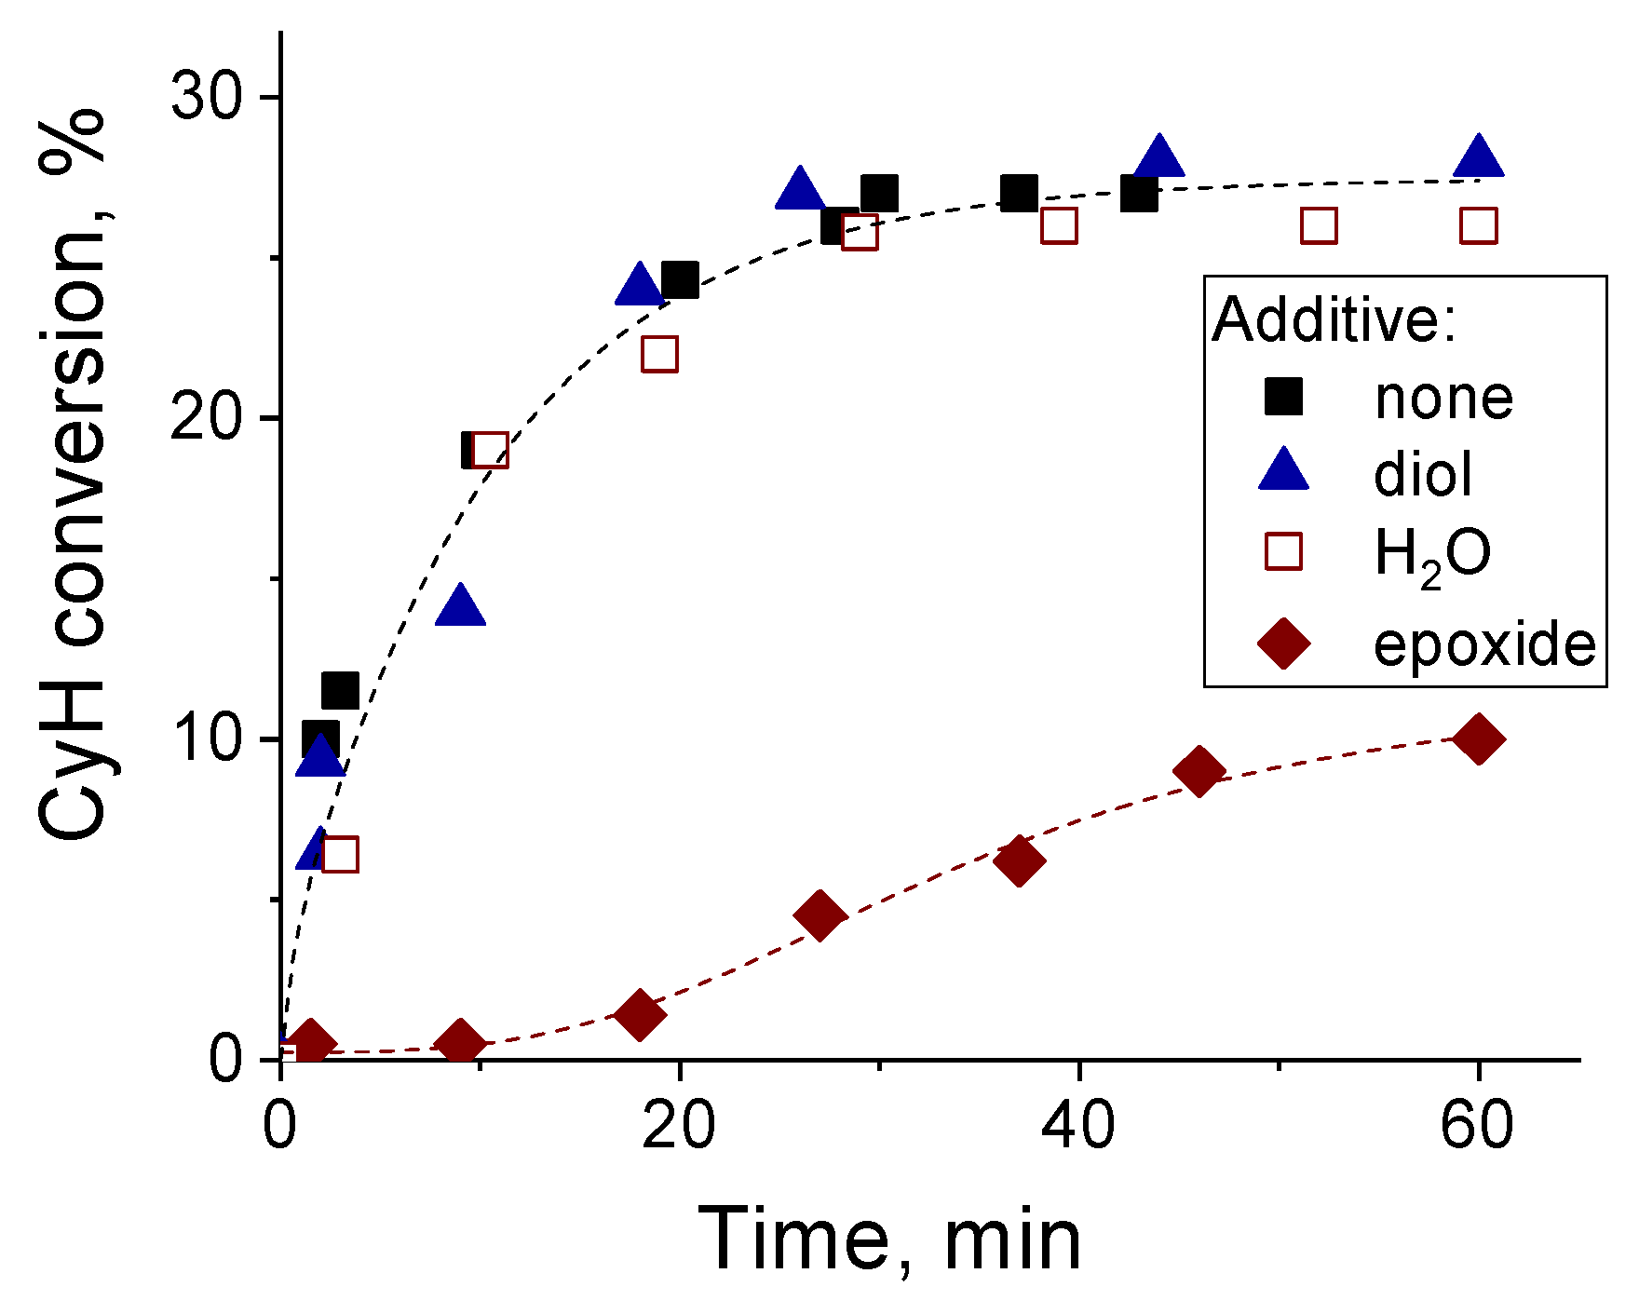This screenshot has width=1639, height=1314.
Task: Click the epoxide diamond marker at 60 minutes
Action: tap(1478, 739)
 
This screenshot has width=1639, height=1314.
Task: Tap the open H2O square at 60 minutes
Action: tap(1479, 225)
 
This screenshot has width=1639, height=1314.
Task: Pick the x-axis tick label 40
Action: tap(1078, 1125)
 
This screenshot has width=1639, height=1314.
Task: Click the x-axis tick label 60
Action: tap(1477, 1125)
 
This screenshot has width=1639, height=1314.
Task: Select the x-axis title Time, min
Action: tap(889, 1239)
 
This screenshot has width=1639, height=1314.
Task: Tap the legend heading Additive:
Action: tap(1334, 319)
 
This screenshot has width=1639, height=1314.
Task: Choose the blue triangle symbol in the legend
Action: tap(1283, 470)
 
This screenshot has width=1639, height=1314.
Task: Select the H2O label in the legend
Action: tap(1432, 556)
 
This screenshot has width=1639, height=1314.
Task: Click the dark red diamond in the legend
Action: tap(1283, 643)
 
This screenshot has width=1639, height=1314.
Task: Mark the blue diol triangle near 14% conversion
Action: tap(460, 607)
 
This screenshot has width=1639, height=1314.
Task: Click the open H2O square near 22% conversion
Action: tap(659, 354)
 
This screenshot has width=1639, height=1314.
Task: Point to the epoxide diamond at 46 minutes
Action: tap(1199, 771)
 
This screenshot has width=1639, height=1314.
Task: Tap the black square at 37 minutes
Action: tap(1020, 194)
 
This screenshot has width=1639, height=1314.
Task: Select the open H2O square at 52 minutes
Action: tap(1319, 225)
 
